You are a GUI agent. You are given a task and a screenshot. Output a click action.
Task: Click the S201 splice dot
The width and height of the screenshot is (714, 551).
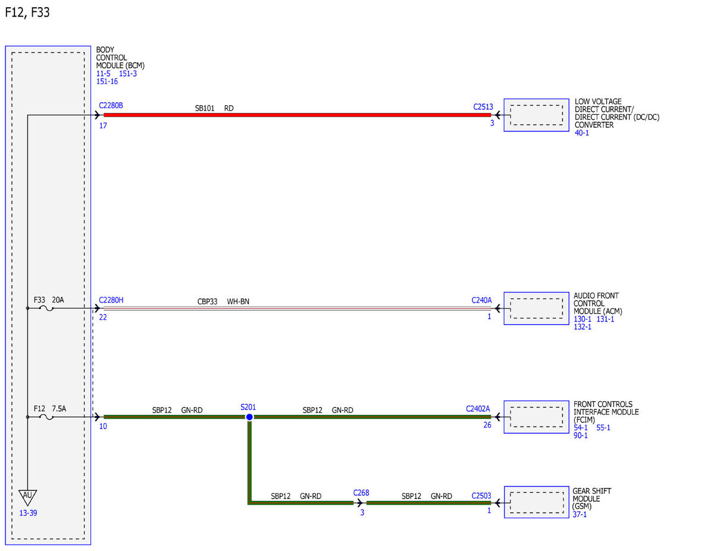click(x=249, y=417)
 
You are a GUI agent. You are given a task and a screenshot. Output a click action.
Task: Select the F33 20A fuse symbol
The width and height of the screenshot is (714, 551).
click(x=46, y=308)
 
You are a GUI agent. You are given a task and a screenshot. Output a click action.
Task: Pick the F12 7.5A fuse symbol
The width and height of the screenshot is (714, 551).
click(x=46, y=417)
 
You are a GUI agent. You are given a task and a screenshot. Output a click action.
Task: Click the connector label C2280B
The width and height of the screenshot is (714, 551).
click(x=111, y=105)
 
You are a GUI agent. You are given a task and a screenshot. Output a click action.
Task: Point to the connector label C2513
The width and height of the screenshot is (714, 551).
click(x=483, y=106)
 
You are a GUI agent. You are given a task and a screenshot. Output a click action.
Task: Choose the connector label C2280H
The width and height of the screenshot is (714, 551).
click(x=111, y=300)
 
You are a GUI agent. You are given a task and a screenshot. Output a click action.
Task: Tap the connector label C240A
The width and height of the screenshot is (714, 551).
click(x=482, y=300)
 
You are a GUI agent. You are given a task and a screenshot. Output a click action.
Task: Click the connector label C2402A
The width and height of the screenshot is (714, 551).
click(x=478, y=408)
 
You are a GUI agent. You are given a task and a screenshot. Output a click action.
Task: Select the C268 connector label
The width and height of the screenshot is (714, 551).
click(x=361, y=493)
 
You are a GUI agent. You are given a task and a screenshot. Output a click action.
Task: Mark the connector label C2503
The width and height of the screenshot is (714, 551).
click(x=481, y=496)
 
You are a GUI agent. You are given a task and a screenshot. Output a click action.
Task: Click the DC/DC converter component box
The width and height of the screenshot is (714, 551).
click(x=536, y=115)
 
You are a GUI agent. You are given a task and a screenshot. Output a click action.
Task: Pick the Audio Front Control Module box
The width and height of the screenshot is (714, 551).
click(x=536, y=308)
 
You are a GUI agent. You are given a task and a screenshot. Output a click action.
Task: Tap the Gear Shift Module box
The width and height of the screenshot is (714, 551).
click(x=536, y=502)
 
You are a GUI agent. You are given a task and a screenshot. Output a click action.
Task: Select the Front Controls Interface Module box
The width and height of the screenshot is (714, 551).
click(x=536, y=417)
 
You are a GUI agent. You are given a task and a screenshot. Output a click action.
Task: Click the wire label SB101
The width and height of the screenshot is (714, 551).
click(x=205, y=108)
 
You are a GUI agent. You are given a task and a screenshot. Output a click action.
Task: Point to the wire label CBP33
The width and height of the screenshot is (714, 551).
click(x=207, y=301)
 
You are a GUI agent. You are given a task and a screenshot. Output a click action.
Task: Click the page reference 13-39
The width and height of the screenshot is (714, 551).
click(x=28, y=513)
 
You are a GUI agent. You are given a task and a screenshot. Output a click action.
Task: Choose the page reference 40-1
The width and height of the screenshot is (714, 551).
click(x=582, y=133)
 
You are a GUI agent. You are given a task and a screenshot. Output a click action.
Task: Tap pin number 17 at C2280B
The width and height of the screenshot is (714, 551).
click(x=103, y=125)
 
